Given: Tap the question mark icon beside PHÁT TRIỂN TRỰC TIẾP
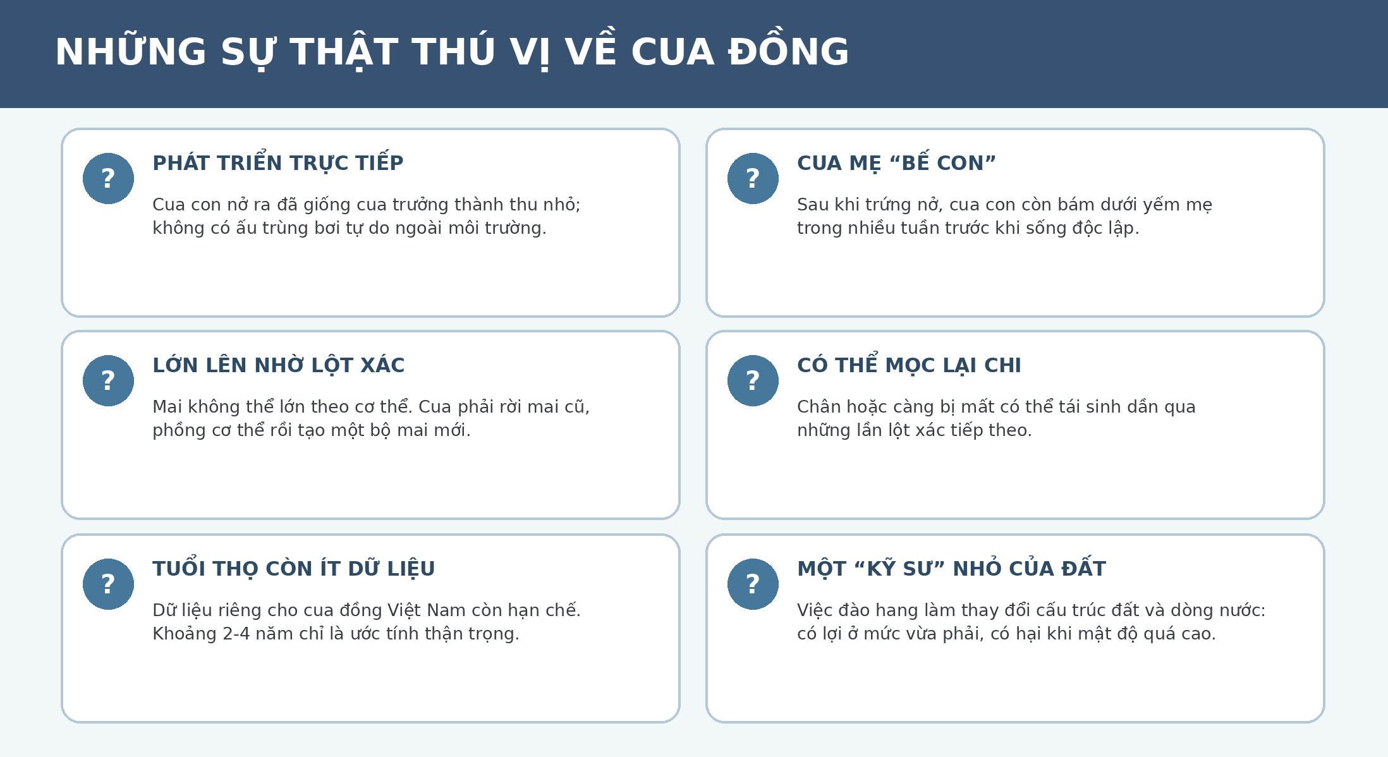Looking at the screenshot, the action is point(108,178).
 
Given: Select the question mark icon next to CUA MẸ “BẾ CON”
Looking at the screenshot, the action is point(753,178).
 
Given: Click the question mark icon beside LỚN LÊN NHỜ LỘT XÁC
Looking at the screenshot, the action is point(108,380).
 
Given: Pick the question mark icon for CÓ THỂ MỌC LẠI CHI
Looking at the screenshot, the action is point(753,380).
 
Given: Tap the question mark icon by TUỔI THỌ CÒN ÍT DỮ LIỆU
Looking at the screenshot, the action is point(108,584).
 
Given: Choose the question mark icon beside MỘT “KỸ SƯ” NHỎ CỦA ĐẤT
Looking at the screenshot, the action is point(753,584).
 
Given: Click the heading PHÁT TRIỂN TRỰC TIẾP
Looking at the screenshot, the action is point(278,162).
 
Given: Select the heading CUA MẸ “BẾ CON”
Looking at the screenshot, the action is point(896,162).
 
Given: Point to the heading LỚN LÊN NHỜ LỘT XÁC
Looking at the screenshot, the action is point(279,365).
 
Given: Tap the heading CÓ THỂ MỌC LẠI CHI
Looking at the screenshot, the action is point(909,365).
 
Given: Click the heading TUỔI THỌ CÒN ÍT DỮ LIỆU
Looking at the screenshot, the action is point(294,568).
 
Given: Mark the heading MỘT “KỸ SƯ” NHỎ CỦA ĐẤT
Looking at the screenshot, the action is point(951,568).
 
